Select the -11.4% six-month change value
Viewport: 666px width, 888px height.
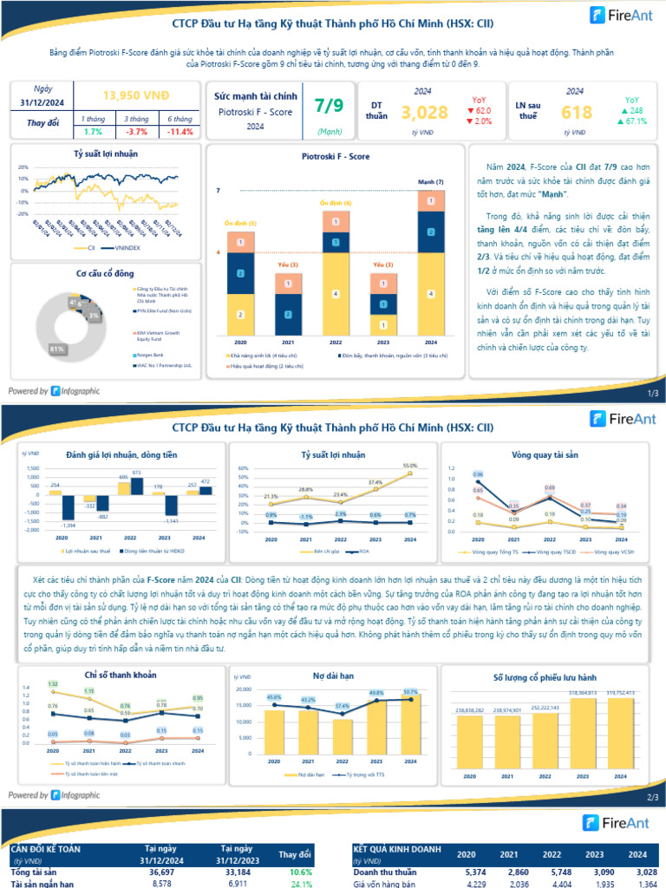coord(180,132)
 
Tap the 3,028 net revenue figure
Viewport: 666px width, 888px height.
coord(425,113)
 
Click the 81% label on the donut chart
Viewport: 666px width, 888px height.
coord(58,349)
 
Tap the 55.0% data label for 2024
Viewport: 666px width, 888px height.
coord(409,466)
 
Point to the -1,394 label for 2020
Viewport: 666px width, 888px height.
coord(67,526)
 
